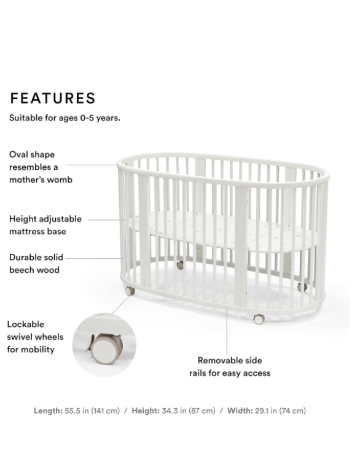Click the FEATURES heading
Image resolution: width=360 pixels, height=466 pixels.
pyautogui.click(x=53, y=98)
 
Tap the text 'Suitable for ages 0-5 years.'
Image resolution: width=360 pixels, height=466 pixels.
pyautogui.click(x=65, y=118)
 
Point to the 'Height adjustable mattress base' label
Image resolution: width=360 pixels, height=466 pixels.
pyautogui.click(x=45, y=225)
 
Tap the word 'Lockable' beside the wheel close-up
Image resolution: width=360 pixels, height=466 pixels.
pyautogui.click(x=26, y=324)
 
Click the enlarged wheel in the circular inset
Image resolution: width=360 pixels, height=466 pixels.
pyautogui.click(x=103, y=349)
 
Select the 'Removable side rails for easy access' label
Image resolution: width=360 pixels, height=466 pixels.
pyautogui.click(x=230, y=367)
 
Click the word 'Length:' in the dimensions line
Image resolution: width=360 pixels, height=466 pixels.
pyautogui.click(x=48, y=411)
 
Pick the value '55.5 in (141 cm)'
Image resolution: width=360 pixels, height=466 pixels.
pyautogui.click(x=92, y=411)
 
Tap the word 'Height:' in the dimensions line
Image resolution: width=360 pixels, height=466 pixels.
pyautogui.click(x=146, y=411)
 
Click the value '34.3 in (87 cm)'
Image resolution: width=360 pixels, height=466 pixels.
pyautogui.click(x=189, y=411)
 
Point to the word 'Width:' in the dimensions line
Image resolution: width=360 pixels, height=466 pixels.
pyautogui.click(x=240, y=411)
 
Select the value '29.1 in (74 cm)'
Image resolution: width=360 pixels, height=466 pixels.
pyautogui.click(x=280, y=411)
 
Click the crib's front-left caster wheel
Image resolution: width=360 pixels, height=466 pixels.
pyautogui.click(x=130, y=291)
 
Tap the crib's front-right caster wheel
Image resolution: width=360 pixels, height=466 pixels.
pyautogui.click(x=259, y=319)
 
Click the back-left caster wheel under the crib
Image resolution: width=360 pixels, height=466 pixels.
pyautogui.click(x=180, y=266)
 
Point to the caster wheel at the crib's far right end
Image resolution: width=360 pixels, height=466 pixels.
pyautogui.click(x=302, y=286)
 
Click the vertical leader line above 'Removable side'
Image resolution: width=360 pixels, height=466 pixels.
pyautogui.click(x=227, y=331)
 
